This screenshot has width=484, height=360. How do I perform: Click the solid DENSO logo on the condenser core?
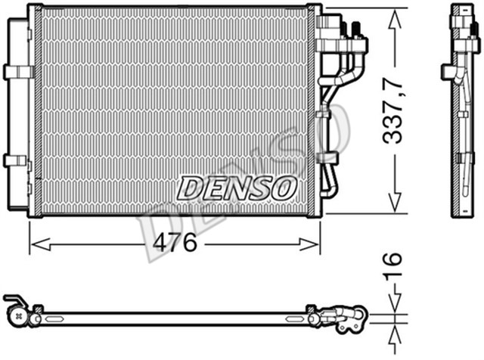click(236, 187)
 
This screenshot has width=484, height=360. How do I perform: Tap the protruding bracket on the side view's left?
click(448, 71)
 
